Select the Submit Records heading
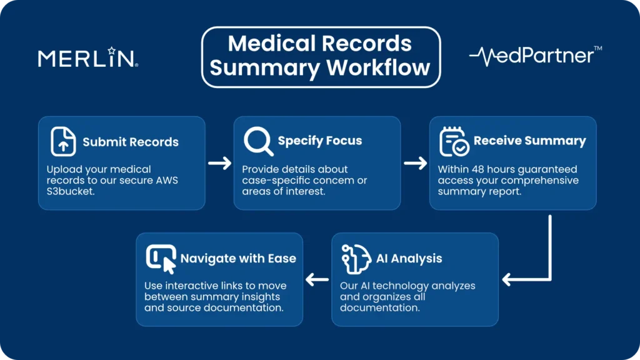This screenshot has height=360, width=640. pos(131,142)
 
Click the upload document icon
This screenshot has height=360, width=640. pos(63,141)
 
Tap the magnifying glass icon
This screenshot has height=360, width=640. pos(258,141)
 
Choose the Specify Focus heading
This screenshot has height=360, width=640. pos(319,141)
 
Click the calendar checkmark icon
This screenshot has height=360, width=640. pos(454,141)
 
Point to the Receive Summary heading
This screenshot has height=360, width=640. pos(529,141)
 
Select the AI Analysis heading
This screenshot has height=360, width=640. pos(409,258)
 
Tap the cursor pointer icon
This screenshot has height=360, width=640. pos(161,259)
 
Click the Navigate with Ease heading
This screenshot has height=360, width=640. pos(238,258)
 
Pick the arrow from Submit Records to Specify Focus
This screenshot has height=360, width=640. pos(219,163)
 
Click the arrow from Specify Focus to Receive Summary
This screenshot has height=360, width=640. pos(415,163)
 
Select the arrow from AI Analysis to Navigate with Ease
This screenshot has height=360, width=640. pos(317,279)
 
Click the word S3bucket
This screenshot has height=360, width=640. pos(69,192)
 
